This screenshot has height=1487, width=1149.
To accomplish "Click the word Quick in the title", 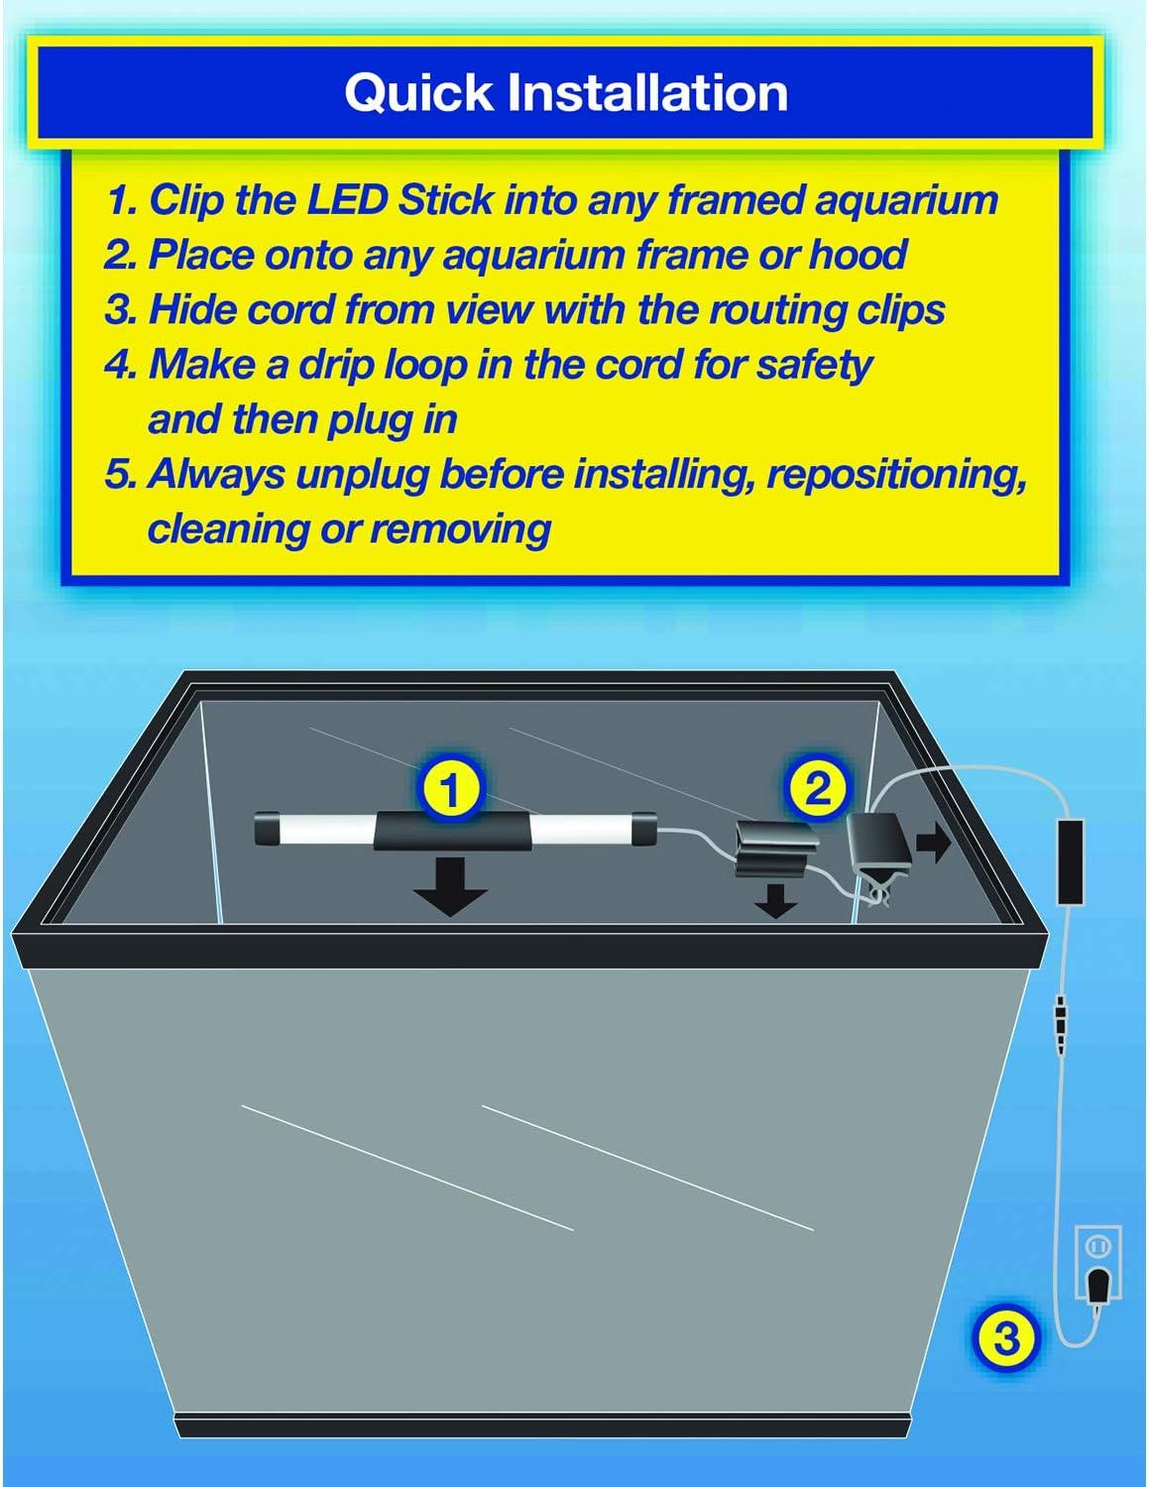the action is point(418,94).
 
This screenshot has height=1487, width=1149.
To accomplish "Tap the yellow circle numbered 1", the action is point(450,790).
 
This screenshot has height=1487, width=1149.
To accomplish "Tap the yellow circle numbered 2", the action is point(819,788).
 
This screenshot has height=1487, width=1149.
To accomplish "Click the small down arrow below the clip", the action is point(774,900).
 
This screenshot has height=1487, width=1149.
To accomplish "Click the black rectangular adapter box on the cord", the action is point(1072,859).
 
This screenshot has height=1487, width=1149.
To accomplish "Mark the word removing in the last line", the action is point(461,529).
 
